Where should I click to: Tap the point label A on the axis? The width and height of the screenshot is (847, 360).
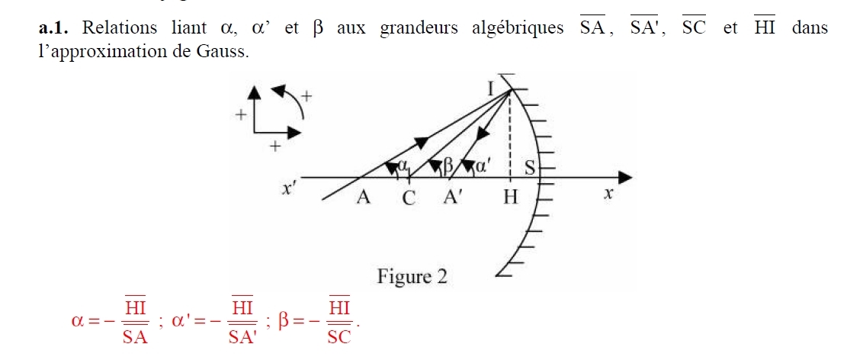click(364, 198)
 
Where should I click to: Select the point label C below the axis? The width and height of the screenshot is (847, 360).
click(410, 199)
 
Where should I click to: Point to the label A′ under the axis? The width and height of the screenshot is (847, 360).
click(455, 198)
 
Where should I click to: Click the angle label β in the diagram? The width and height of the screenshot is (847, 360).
click(448, 165)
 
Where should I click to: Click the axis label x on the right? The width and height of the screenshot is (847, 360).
click(608, 195)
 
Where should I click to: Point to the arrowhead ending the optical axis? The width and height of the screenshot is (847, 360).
click(624, 178)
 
